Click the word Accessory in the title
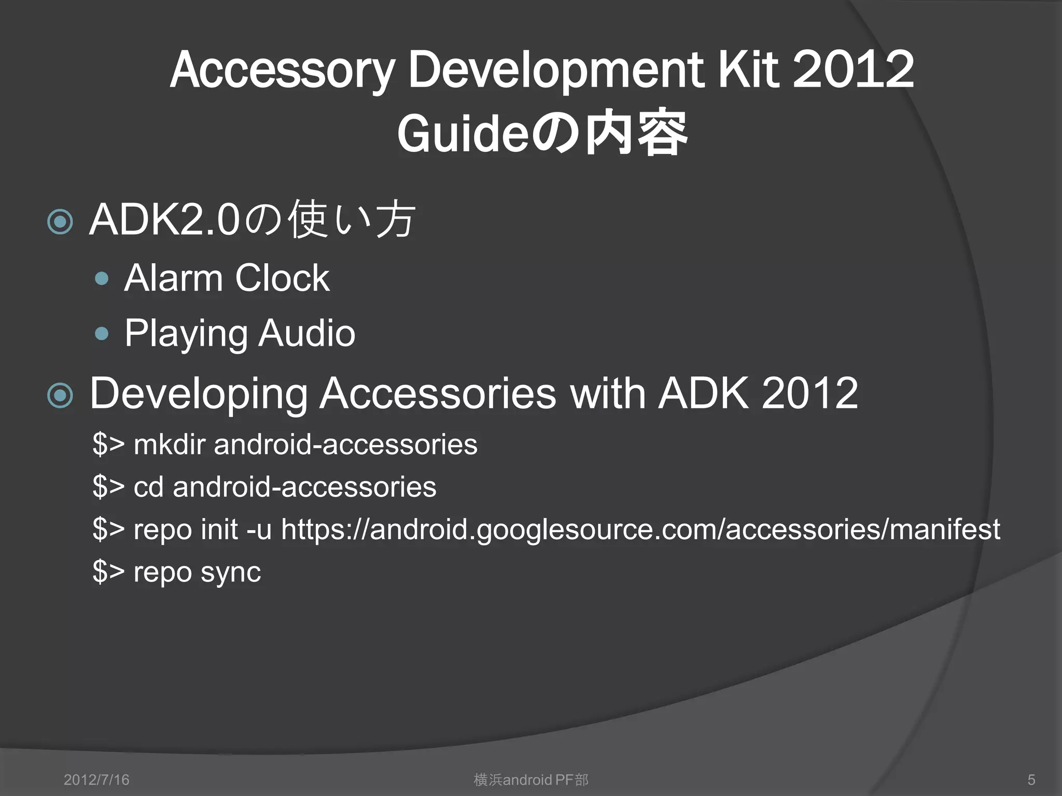[282, 71]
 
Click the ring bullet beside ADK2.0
[60, 222]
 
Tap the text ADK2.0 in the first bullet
[164, 220]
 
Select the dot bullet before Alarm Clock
[102, 279]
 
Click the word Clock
[282, 278]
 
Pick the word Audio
[307, 333]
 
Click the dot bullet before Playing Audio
[102, 334]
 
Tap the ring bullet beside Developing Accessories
[60, 396]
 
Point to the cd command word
[148, 487]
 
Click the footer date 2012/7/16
[96, 779]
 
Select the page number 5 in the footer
[1031, 779]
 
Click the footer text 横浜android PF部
[531, 779]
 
